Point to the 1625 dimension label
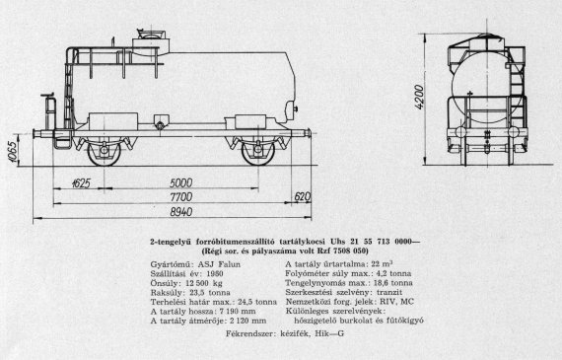click(x=81, y=183)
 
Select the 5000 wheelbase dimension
click(x=180, y=182)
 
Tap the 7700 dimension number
click(x=181, y=197)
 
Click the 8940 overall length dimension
click(x=181, y=212)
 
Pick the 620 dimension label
click(x=302, y=196)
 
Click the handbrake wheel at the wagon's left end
click(x=47, y=95)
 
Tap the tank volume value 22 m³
click(x=383, y=264)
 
